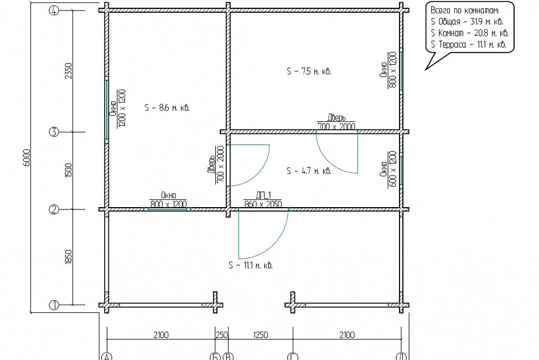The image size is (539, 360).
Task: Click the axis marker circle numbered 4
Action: pos(54,11)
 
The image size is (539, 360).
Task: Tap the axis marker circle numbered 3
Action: pos(54,132)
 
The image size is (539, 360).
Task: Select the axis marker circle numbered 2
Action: pos(54,209)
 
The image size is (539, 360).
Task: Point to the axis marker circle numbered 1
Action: pos(54,305)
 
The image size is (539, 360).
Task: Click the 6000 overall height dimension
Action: pos(27,158)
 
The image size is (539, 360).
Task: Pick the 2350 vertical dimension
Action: pos(69,71)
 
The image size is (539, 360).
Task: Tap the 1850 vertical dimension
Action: pos(69,257)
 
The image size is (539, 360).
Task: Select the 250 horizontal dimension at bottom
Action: pos(222,335)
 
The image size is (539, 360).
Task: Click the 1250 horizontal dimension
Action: pos(260,335)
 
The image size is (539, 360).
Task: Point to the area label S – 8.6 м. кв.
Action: pos(167,108)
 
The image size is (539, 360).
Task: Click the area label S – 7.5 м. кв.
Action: pos(309,71)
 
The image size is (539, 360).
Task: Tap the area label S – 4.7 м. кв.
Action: pos(309,171)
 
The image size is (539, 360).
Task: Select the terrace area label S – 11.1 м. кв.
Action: pos(251,265)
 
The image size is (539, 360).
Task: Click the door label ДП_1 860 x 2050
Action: pos(263,200)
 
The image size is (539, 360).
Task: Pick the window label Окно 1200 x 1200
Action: pos(117,108)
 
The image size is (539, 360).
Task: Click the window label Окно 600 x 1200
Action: pos(388,169)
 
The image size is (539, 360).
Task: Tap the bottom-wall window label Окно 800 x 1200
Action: pos(168,200)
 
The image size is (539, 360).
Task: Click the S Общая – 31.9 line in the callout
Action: pos(467,22)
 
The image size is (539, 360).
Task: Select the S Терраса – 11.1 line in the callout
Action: pos(468,44)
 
